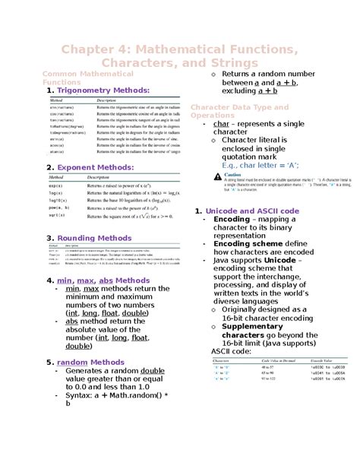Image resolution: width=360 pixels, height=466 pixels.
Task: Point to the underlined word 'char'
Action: pyautogui.click(x=221, y=122)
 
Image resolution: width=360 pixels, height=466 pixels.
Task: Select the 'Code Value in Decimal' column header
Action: pyautogui.click(x=259, y=362)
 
